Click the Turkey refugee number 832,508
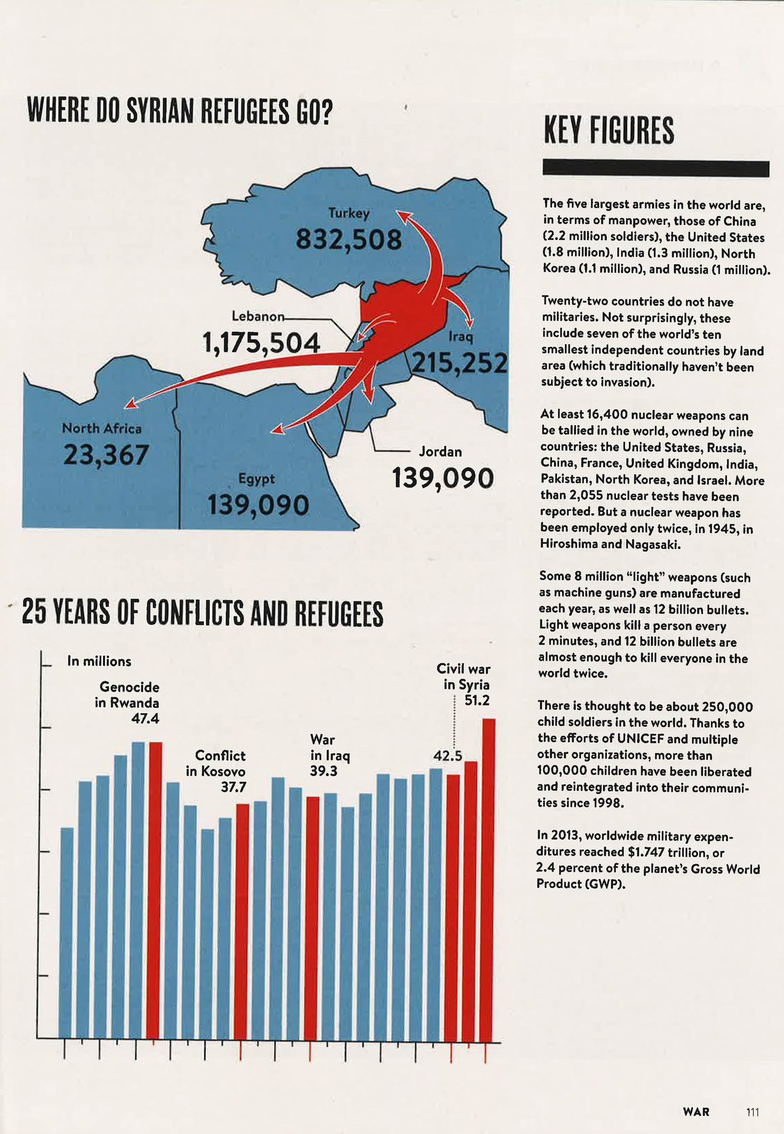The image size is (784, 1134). tap(349, 240)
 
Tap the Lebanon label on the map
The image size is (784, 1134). tap(258, 316)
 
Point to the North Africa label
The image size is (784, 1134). tap(102, 429)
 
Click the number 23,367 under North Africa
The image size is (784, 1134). tap(106, 455)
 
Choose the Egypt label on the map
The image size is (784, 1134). tap(256, 479)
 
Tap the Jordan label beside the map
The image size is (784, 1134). tap(440, 452)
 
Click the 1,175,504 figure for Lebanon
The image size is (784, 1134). tap(261, 343)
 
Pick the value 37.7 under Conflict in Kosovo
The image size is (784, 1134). tap(233, 787)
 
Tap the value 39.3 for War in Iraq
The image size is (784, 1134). tap(324, 771)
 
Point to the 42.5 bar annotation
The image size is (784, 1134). tap(447, 756)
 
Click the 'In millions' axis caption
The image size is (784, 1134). tap(99, 661)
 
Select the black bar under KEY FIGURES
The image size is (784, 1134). tap(656, 168)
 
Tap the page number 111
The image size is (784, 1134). tap(752, 1112)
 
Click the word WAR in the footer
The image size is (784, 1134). tap(696, 1112)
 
